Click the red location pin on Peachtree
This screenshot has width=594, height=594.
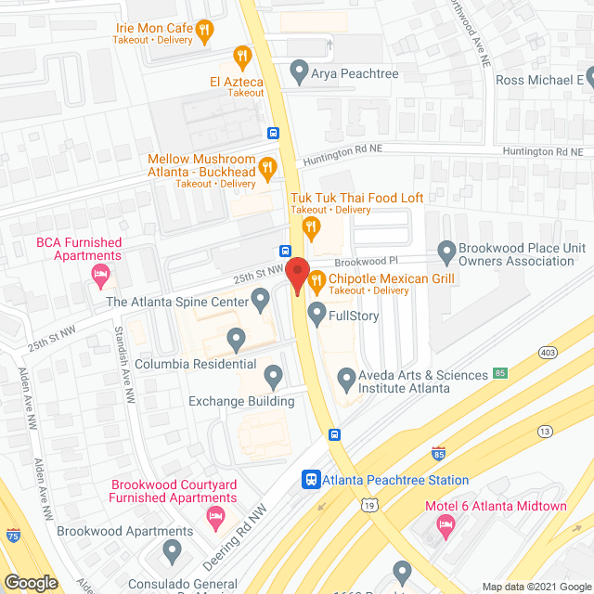(296, 276)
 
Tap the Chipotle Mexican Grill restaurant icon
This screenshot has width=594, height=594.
(316, 279)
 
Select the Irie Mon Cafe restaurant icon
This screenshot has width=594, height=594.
(206, 30)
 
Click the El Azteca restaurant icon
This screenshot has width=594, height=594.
(241, 57)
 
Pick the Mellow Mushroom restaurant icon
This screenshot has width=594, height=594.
(268, 167)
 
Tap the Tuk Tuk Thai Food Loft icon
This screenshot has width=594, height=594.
(313, 224)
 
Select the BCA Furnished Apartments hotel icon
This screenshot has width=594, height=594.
(99, 274)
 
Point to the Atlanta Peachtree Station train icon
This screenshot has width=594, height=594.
(311, 480)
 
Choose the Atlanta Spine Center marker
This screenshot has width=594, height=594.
(261, 300)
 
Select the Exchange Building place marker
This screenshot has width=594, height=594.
(273, 376)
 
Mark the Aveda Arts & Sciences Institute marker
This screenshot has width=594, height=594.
(346, 378)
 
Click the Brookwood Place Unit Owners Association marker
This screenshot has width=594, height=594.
(446, 251)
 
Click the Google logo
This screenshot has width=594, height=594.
(30, 582)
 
